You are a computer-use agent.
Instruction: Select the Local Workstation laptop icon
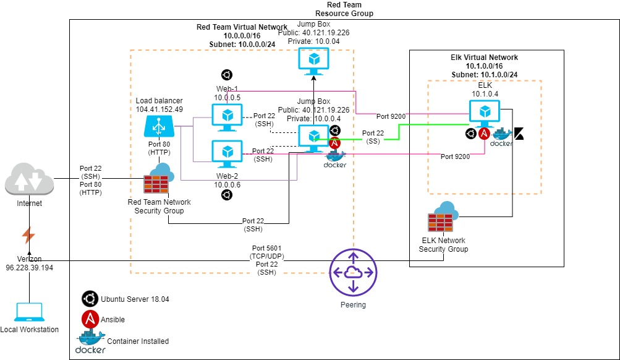(29, 312)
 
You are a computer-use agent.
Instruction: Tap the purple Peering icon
(353, 273)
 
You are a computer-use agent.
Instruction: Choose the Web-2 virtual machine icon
(227, 153)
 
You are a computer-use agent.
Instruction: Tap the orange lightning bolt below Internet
(28, 235)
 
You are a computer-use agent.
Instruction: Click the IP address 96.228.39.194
(29, 267)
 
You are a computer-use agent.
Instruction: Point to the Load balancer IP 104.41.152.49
(159, 108)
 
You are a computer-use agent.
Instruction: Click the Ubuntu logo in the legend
(90, 299)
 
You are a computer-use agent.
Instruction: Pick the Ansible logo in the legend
(90, 319)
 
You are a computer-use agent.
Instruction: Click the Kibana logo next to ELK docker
(519, 134)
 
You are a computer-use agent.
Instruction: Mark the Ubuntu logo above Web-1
(227, 75)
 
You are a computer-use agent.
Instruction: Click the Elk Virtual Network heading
(484, 57)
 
